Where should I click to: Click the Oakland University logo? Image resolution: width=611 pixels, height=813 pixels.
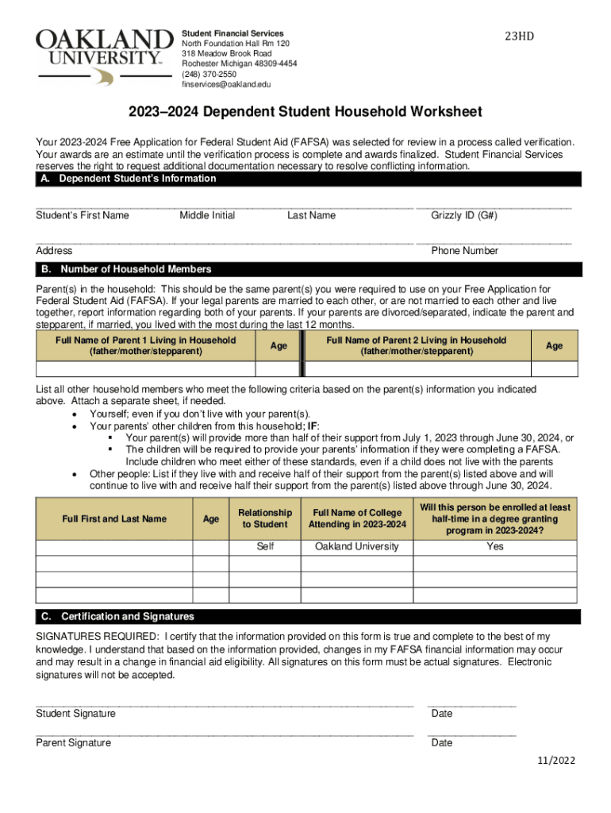104,56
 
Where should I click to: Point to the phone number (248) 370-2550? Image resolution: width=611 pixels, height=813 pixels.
209,74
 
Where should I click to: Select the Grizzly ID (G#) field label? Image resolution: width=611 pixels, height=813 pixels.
464,215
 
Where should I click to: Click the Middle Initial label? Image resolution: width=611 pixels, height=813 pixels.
207,215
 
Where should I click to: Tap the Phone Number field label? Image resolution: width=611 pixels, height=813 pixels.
464,251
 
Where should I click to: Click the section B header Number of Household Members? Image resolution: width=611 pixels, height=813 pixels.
136,269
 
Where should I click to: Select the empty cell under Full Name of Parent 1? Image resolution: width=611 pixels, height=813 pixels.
145,369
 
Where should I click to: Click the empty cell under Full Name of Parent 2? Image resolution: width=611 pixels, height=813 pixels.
417,369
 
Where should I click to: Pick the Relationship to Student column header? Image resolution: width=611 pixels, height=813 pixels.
265,518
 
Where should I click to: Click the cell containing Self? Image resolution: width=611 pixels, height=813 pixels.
265,546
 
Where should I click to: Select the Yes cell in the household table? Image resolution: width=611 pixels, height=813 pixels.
495,546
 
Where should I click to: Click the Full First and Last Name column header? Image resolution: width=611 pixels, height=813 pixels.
114,518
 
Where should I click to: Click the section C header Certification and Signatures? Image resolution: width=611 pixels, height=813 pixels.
127,617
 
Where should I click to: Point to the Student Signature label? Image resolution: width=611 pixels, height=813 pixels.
75,714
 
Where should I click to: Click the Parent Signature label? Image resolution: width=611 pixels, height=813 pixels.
73,743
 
